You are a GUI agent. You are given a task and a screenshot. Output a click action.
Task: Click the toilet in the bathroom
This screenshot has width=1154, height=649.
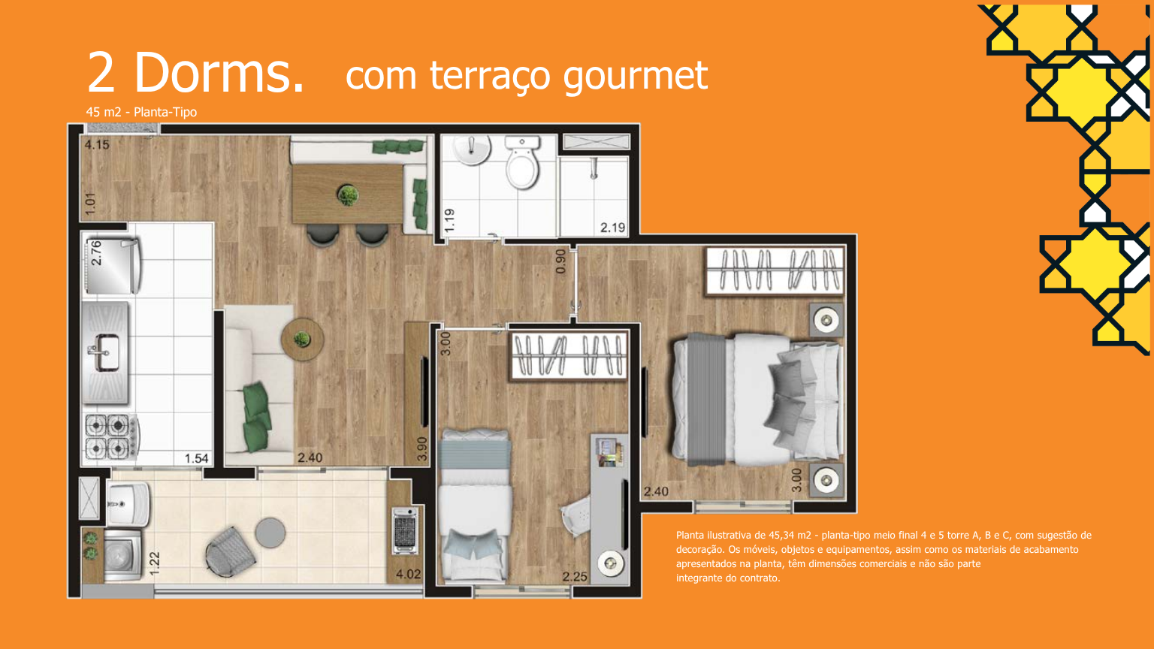coord(522,161)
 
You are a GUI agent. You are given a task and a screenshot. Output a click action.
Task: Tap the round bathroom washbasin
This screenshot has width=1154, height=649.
coord(472,149)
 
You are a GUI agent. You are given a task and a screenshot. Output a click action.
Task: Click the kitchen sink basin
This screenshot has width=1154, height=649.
coord(106,353)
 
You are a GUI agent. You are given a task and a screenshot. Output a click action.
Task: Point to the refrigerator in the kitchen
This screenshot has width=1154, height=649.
coord(111,265)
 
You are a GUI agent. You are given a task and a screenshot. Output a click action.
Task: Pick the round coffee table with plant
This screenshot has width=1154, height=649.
coord(303,340)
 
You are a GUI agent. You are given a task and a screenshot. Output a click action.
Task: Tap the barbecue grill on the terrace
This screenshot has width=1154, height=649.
coord(405,530)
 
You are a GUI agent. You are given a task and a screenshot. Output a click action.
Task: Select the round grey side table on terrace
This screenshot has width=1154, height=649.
coord(270,533)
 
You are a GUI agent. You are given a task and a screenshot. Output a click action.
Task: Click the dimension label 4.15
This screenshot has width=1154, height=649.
coord(97,145)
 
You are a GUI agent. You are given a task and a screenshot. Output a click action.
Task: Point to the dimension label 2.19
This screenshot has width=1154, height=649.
coord(612,227)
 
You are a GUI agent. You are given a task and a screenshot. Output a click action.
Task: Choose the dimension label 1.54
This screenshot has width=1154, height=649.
coord(196,458)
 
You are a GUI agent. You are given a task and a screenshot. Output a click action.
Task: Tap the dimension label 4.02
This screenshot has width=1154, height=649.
coord(408,574)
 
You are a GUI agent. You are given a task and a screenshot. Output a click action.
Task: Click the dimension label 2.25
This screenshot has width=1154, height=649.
coord(575,577)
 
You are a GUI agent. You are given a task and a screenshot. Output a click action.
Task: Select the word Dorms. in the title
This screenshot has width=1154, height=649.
coord(219,72)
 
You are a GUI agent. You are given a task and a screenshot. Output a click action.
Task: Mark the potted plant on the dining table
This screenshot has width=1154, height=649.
coord(348,195)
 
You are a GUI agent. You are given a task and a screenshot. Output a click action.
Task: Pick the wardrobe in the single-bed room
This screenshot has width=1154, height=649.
coord(569,356)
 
